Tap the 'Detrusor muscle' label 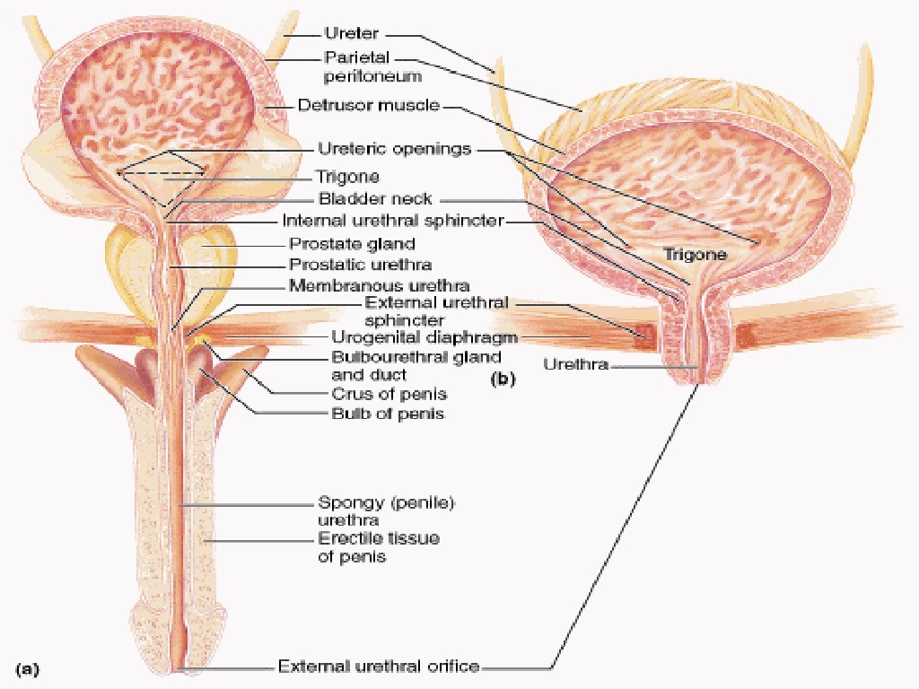pos(368,106)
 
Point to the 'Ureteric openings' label pos(394,149)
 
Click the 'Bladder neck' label pos(374,199)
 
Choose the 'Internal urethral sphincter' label pos(393,221)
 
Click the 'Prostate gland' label pos(352,243)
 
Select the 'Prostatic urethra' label pos(360,265)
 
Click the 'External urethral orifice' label pos(378,667)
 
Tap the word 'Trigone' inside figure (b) pos(695,255)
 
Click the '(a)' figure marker pos(28,668)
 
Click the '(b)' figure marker pos(503,379)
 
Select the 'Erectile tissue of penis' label pos(380,547)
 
